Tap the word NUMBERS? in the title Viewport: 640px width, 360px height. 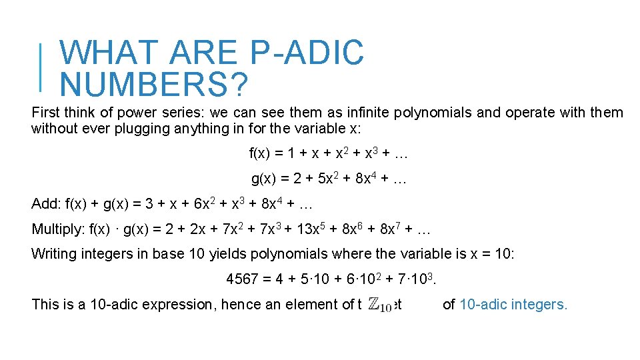pyautogui.click(x=154, y=85)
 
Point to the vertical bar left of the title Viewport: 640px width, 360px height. pyautogui.click(x=42, y=67)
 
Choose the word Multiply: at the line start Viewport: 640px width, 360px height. pyautogui.click(x=59, y=230)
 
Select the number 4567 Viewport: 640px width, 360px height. pyautogui.click(x=242, y=279)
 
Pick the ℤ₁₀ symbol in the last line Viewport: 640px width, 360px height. pyautogui.click(x=379, y=305)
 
